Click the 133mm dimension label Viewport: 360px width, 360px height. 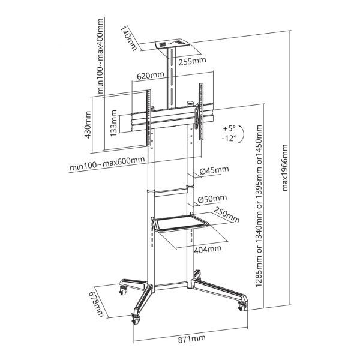tap(114, 122)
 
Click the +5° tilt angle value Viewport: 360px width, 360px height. tap(229, 128)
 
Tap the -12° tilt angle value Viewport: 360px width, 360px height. tap(229, 137)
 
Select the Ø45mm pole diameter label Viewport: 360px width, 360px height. tap(212, 170)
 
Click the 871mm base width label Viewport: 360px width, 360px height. tap(191, 338)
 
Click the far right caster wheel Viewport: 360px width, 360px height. tap(242, 307)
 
